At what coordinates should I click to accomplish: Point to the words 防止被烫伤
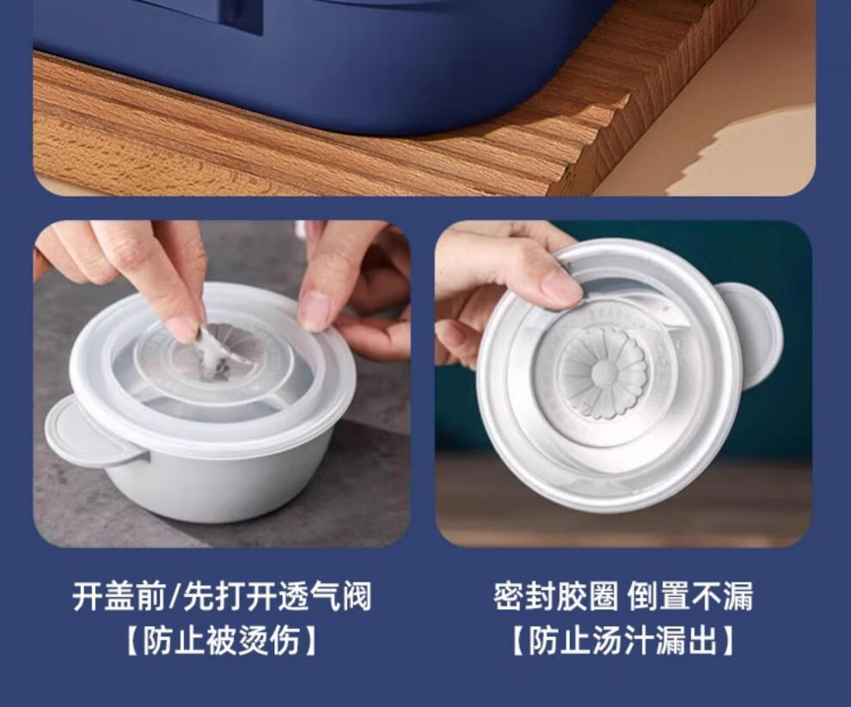[222, 641]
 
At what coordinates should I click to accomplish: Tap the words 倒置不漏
[689, 596]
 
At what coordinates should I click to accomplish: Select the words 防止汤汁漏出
[622, 641]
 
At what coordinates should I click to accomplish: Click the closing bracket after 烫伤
[309, 641]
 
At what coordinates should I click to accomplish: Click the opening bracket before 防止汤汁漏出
[519, 641]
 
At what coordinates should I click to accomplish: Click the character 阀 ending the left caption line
[356, 596]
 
